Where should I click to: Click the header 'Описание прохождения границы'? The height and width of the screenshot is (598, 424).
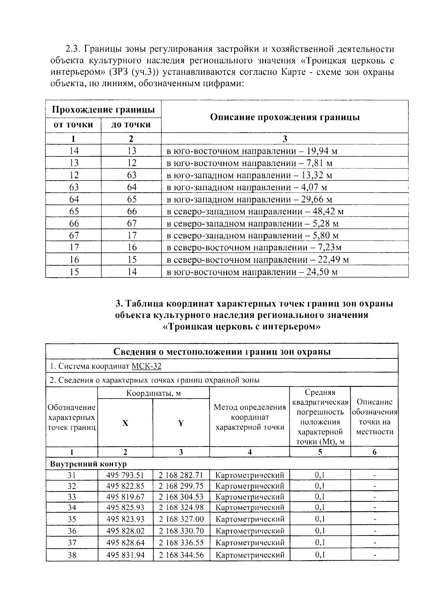point(284,117)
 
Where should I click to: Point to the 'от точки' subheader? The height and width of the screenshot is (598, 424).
point(73,125)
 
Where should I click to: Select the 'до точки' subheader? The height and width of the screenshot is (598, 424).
point(131,125)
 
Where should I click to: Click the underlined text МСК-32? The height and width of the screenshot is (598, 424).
point(146,366)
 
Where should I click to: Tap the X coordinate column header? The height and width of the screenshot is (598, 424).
point(125,423)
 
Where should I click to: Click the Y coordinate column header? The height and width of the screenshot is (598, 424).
point(181,423)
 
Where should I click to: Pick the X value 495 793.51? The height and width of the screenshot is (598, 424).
point(125,475)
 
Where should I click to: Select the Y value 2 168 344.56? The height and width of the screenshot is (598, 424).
point(181,555)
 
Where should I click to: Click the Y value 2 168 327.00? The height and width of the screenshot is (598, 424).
point(181,519)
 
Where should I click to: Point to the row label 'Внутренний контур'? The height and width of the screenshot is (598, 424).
point(88,464)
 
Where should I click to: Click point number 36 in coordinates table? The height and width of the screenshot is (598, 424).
point(72,531)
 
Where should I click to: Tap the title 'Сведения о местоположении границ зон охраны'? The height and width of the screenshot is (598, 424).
point(222,352)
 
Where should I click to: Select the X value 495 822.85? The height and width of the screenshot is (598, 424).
point(125,486)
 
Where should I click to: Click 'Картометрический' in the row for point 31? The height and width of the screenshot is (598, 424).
point(249,475)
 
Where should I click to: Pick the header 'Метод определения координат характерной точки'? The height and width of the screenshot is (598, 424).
point(249,417)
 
